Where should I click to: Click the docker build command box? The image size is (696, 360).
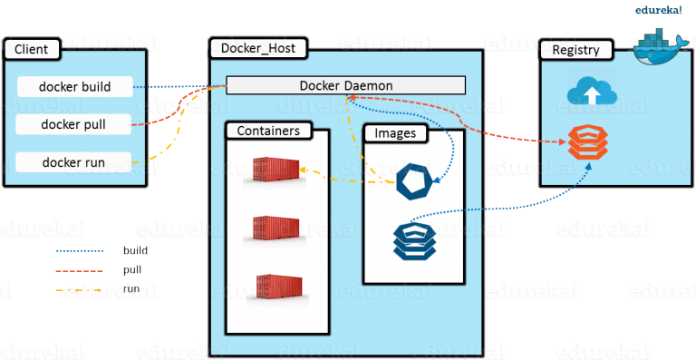click(75, 87)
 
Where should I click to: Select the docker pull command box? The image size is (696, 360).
click(75, 124)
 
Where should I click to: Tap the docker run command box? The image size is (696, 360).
click(75, 162)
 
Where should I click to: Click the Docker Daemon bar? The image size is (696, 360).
click(345, 85)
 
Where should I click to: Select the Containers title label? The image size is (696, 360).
click(267, 131)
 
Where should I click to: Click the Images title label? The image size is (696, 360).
click(395, 133)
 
